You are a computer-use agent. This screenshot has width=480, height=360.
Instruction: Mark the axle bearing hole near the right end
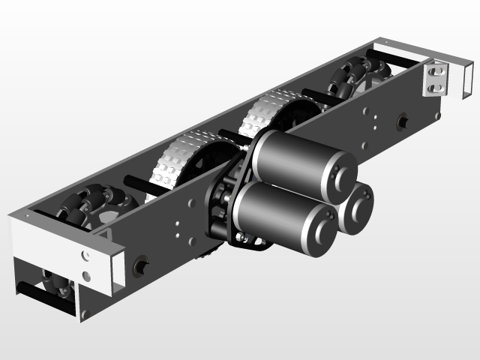pyautogui.click(x=402, y=119)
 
